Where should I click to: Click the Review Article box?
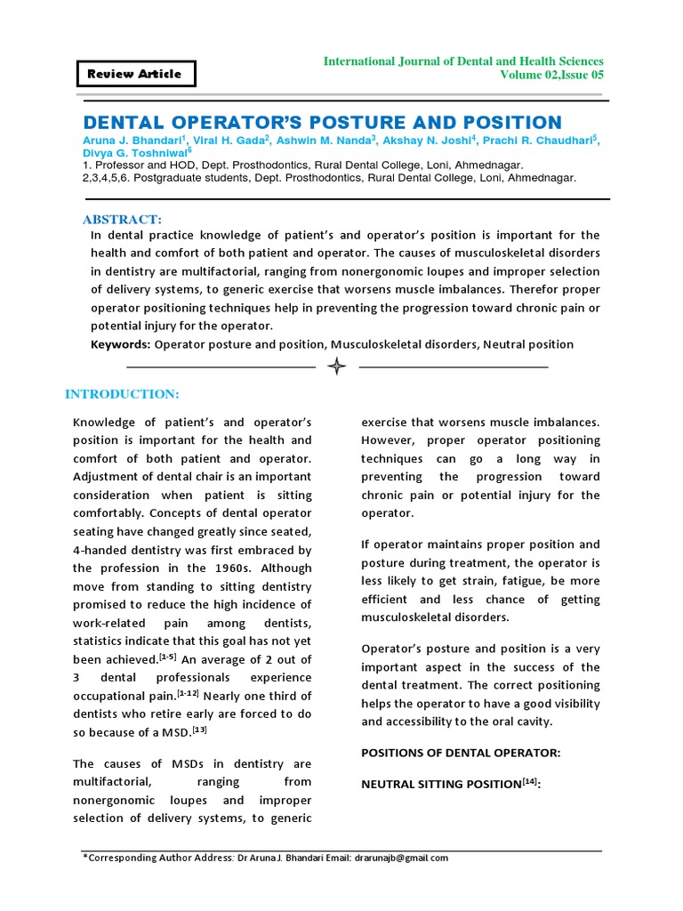[134, 74]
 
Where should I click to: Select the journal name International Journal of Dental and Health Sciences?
[462, 60]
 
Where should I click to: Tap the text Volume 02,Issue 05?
[552, 76]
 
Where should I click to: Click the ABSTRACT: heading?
[122, 219]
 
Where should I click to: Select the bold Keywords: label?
[121, 344]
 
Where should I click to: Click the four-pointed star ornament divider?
[337, 367]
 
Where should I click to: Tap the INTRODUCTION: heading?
[123, 394]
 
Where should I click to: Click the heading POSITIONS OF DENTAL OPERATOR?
[461, 753]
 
